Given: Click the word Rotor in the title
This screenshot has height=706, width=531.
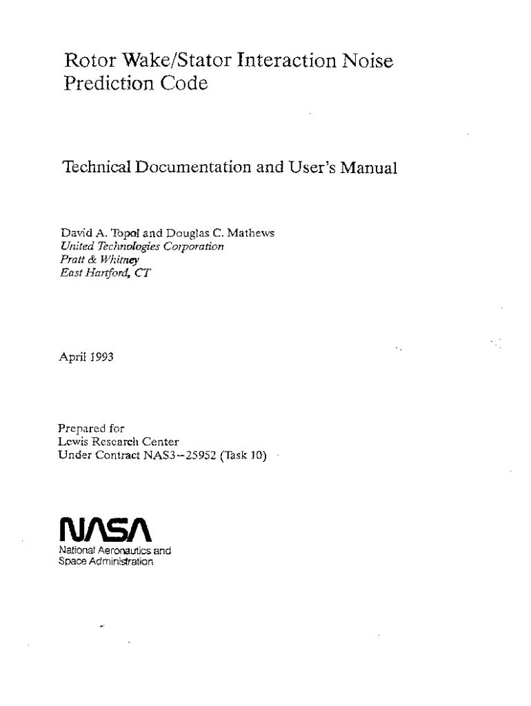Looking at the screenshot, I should (x=86, y=61).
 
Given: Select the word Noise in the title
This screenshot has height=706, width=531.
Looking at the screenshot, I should (x=368, y=61).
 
